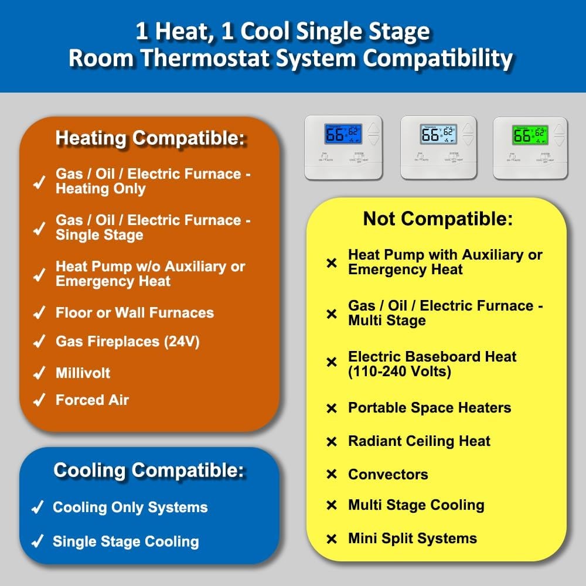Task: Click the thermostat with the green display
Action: tap(530, 147)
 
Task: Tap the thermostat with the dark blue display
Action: tap(343, 147)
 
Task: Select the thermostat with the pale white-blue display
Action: tap(438, 147)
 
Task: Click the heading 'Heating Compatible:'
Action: tap(151, 139)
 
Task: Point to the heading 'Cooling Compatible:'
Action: tap(149, 470)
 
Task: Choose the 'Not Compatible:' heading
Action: tap(438, 219)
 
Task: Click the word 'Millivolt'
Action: tap(83, 373)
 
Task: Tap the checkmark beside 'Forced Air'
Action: tap(39, 400)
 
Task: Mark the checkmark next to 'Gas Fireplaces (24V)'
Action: tap(39, 342)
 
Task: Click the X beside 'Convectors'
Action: tap(332, 475)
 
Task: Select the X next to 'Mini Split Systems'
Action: tap(332, 539)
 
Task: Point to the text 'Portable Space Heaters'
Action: tap(430, 408)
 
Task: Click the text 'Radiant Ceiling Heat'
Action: tap(419, 441)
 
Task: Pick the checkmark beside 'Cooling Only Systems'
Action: tap(38, 507)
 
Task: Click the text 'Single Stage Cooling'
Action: tap(125, 541)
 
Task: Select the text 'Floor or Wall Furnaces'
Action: tap(135, 313)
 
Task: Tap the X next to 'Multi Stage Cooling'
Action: tap(332, 505)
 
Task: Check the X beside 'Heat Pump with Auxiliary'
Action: tap(332, 263)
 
